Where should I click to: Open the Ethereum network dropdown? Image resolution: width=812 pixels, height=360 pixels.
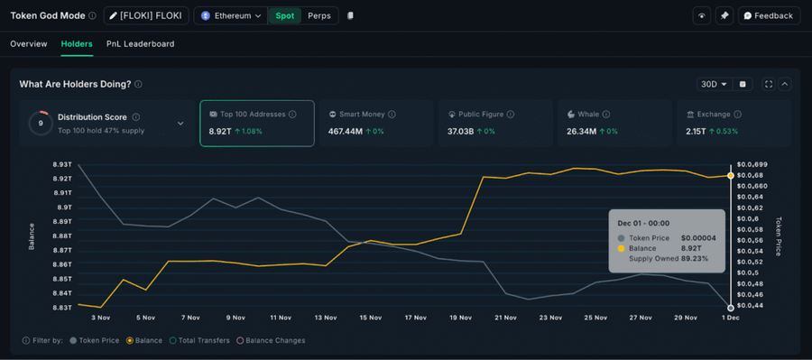pyautogui.click(x=232, y=15)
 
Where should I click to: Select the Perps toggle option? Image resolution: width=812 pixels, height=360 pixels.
pyautogui.click(x=318, y=15)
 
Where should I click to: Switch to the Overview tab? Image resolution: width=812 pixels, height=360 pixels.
pyautogui.click(x=29, y=43)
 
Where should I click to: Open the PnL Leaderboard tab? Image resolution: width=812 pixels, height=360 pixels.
pyautogui.click(x=140, y=43)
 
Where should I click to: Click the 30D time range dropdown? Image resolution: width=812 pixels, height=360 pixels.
pyautogui.click(x=713, y=84)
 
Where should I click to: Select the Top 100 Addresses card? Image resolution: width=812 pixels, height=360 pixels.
pyautogui.click(x=256, y=123)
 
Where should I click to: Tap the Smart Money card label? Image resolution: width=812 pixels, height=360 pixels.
pyautogui.click(x=361, y=115)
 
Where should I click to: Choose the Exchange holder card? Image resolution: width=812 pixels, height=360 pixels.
pyautogui.click(x=733, y=123)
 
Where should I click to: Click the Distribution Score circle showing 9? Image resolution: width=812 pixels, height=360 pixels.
pyautogui.click(x=40, y=123)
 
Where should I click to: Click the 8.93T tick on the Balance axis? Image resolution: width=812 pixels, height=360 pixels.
pyautogui.click(x=62, y=164)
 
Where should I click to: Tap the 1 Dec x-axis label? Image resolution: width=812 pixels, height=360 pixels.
pyautogui.click(x=731, y=318)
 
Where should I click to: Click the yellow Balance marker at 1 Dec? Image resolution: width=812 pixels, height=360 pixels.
pyautogui.click(x=731, y=175)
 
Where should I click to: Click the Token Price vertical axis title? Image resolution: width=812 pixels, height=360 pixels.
pyautogui.click(x=779, y=236)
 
